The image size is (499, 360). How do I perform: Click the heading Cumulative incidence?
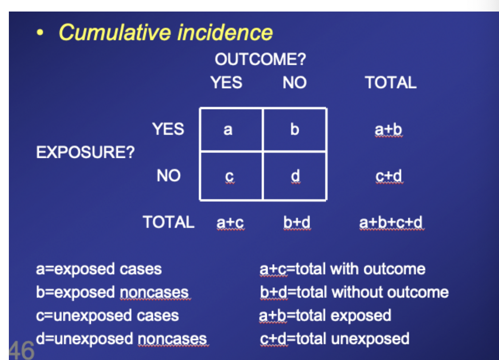pyautogui.click(x=165, y=32)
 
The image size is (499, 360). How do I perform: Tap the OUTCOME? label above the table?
pyautogui.click(x=260, y=60)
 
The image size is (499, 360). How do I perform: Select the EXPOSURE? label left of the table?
pyautogui.click(x=85, y=153)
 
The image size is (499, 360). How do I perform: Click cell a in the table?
pyautogui.click(x=228, y=129)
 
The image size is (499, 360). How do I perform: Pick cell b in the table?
pyautogui.click(x=295, y=129)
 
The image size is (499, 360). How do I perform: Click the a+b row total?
pyautogui.click(x=388, y=129)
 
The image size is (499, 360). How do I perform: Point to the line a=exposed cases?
pyautogui.click(x=98, y=269)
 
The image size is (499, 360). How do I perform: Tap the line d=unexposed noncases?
pyautogui.click(x=121, y=339)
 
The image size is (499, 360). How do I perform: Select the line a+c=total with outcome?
pyautogui.click(x=342, y=269)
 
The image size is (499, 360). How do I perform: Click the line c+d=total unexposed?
pyautogui.click(x=334, y=339)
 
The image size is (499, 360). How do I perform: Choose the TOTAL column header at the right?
pyautogui.click(x=390, y=83)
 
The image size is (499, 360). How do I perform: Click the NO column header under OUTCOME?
pyautogui.click(x=294, y=83)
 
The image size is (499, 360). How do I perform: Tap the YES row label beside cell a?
pyautogui.click(x=168, y=129)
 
